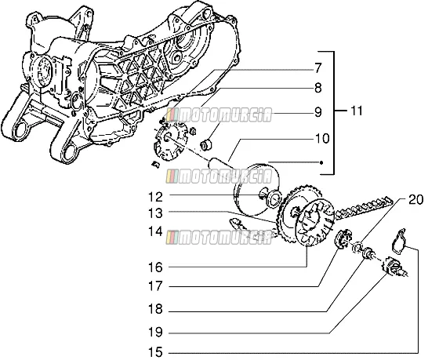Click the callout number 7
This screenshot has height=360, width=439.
click(x=317, y=69)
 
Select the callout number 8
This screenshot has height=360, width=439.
click(x=317, y=88)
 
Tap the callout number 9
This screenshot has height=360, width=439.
click(x=317, y=112)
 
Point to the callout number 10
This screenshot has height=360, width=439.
click(x=322, y=139)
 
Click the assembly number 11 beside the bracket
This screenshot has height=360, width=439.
click(x=356, y=111)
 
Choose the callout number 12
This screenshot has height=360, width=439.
click(x=155, y=197)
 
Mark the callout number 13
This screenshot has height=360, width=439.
click(x=155, y=213)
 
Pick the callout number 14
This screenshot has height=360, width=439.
click(x=155, y=231)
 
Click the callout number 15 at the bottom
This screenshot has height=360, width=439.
click(x=155, y=352)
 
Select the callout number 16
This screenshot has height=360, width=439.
click(x=155, y=267)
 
